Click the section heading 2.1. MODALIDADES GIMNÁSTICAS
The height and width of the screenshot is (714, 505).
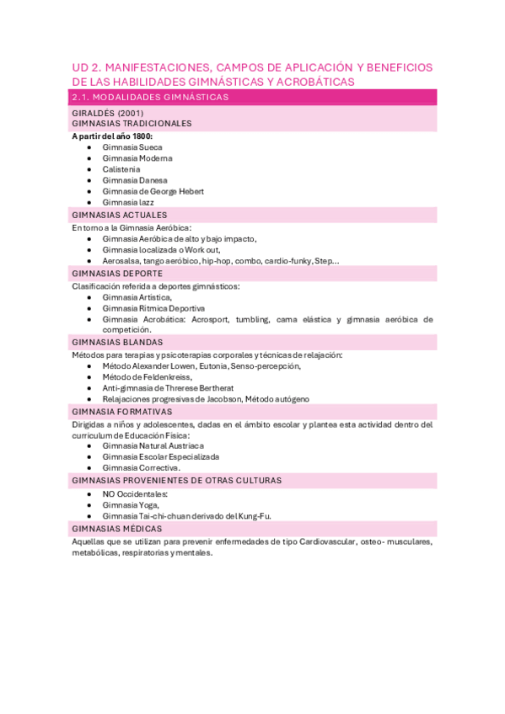pos(150,98)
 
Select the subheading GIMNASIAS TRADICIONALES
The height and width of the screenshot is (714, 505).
pos(132,123)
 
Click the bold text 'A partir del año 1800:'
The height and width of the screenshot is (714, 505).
pos(112,136)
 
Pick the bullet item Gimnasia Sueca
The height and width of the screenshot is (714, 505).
pos(132,147)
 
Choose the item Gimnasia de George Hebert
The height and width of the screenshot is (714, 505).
pos(153,191)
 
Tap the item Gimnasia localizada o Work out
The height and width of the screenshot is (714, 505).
pos(161,249)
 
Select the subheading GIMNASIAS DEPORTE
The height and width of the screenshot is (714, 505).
pos(118,273)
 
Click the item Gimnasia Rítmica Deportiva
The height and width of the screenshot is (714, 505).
pos(153,308)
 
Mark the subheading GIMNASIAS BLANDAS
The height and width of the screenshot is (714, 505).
pos(118,343)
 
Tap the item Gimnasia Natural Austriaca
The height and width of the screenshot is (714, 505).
pos(153,445)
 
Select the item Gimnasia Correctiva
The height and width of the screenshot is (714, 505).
pos(141,467)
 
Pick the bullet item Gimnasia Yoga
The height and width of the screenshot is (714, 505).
pos(131,504)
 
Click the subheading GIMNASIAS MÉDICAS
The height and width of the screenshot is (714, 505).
pos(116,528)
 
